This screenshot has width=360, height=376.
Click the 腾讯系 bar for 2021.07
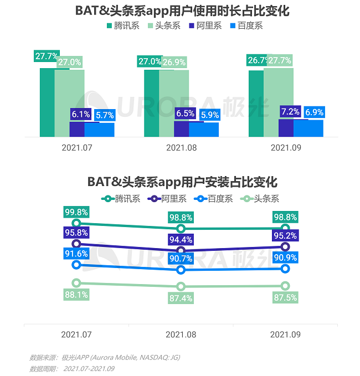pos(47,102)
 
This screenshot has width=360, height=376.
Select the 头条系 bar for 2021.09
pos(278,102)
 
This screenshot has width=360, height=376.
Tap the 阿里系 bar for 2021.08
pos(181,129)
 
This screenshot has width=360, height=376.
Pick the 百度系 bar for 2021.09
pos(308,128)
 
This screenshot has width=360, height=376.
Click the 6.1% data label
pos(80,115)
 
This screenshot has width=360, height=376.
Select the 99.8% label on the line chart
pos(76,212)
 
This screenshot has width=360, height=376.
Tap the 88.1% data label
pos(76,295)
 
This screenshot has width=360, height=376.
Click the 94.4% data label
pos(181,240)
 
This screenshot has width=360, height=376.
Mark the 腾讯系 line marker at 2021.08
pos(181,228)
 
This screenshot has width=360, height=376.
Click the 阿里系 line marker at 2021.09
pos(285,246)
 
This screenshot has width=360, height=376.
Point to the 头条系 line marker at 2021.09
pos(285,286)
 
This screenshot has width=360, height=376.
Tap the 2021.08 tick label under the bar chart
pos(181,148)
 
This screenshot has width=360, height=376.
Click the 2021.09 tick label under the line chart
pos(285,334)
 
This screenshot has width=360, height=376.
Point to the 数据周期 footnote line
pos(72,368)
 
